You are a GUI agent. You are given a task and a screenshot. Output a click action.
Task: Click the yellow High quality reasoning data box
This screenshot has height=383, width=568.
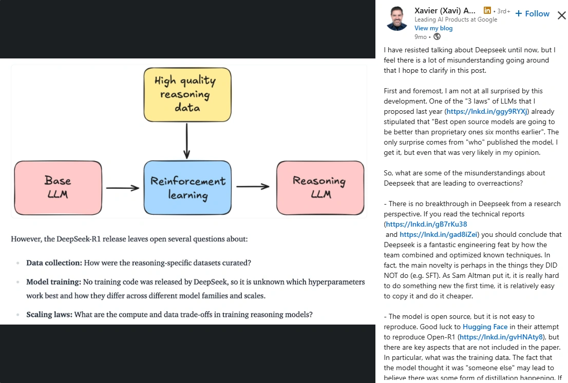pyautogui.click(x=187, y=94)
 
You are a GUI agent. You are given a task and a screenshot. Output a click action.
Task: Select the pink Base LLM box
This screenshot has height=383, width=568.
pyautogui.click(x=58, y=188)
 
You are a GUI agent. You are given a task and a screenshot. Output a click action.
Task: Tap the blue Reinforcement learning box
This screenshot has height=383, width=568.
pyautogui.click(x=187, y=188)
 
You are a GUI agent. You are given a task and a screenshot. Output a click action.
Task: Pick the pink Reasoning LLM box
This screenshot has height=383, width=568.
pyautogui.click(x=320, y=187)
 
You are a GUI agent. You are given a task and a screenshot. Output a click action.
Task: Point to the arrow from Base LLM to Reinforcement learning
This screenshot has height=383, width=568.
pyautogui.click(x=123, y=188)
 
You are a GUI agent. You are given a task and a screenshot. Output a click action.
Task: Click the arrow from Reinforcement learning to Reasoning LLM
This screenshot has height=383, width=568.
pyautogui.click(x=253, y=187)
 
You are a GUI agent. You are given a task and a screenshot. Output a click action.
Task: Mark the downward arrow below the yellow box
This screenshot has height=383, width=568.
pyautogui.click(x=187, y=140)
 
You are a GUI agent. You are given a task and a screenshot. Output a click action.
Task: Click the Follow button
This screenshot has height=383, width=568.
pyautogui.click(x=533, y=14)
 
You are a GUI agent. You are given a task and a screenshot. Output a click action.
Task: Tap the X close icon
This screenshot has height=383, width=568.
pyautogui.click(x=561, y=15)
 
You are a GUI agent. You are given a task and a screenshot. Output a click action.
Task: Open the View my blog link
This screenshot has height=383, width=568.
pyautogui.click(x=433, y=28)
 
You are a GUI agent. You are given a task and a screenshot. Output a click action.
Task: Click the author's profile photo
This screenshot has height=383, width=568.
pyautogui.click(x=397, y=19)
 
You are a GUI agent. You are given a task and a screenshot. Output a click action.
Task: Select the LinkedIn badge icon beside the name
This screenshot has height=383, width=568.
pyautogui.click(x=487, y=10)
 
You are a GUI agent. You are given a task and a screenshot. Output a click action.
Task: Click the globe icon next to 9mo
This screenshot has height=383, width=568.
pyautogui.click(x=437, y=36)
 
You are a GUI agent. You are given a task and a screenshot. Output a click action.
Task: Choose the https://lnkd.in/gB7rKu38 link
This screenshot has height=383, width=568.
pyautogui.click(x=426, y=224)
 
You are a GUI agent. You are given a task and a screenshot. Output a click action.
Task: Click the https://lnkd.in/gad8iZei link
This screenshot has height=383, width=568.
pyautogui.click(x=439, y=234)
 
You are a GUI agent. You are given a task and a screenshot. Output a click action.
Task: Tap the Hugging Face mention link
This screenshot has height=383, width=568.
pyautogui.click(x=485, y=327)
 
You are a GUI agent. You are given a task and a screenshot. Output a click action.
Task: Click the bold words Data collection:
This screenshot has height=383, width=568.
pyautogui.click(x=54, y=263)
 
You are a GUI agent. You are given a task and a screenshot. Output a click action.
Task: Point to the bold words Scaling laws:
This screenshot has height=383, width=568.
pyautogui.click(x=49, y=314)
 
